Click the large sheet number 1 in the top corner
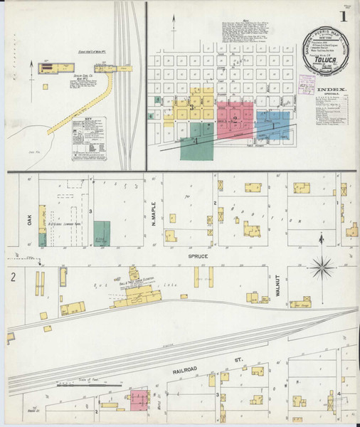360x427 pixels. point(344,15)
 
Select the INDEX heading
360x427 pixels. point(334,90)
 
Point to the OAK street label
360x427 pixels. point(30,221)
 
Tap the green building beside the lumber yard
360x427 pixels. point(102,233)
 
